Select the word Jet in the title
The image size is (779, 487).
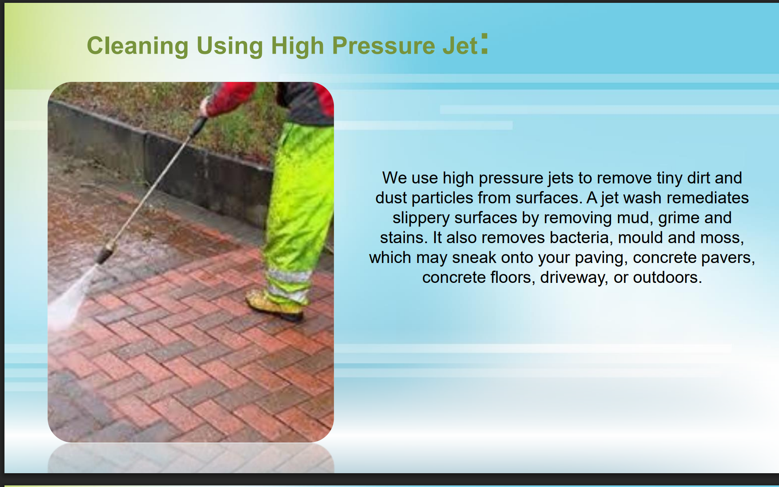tap(460, 45)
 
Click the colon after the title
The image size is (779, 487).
tap(484, 43)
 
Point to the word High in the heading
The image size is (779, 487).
tap(297, 45)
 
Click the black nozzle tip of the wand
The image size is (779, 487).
tap(104, 254)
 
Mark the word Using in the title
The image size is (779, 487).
tap(230, 45)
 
